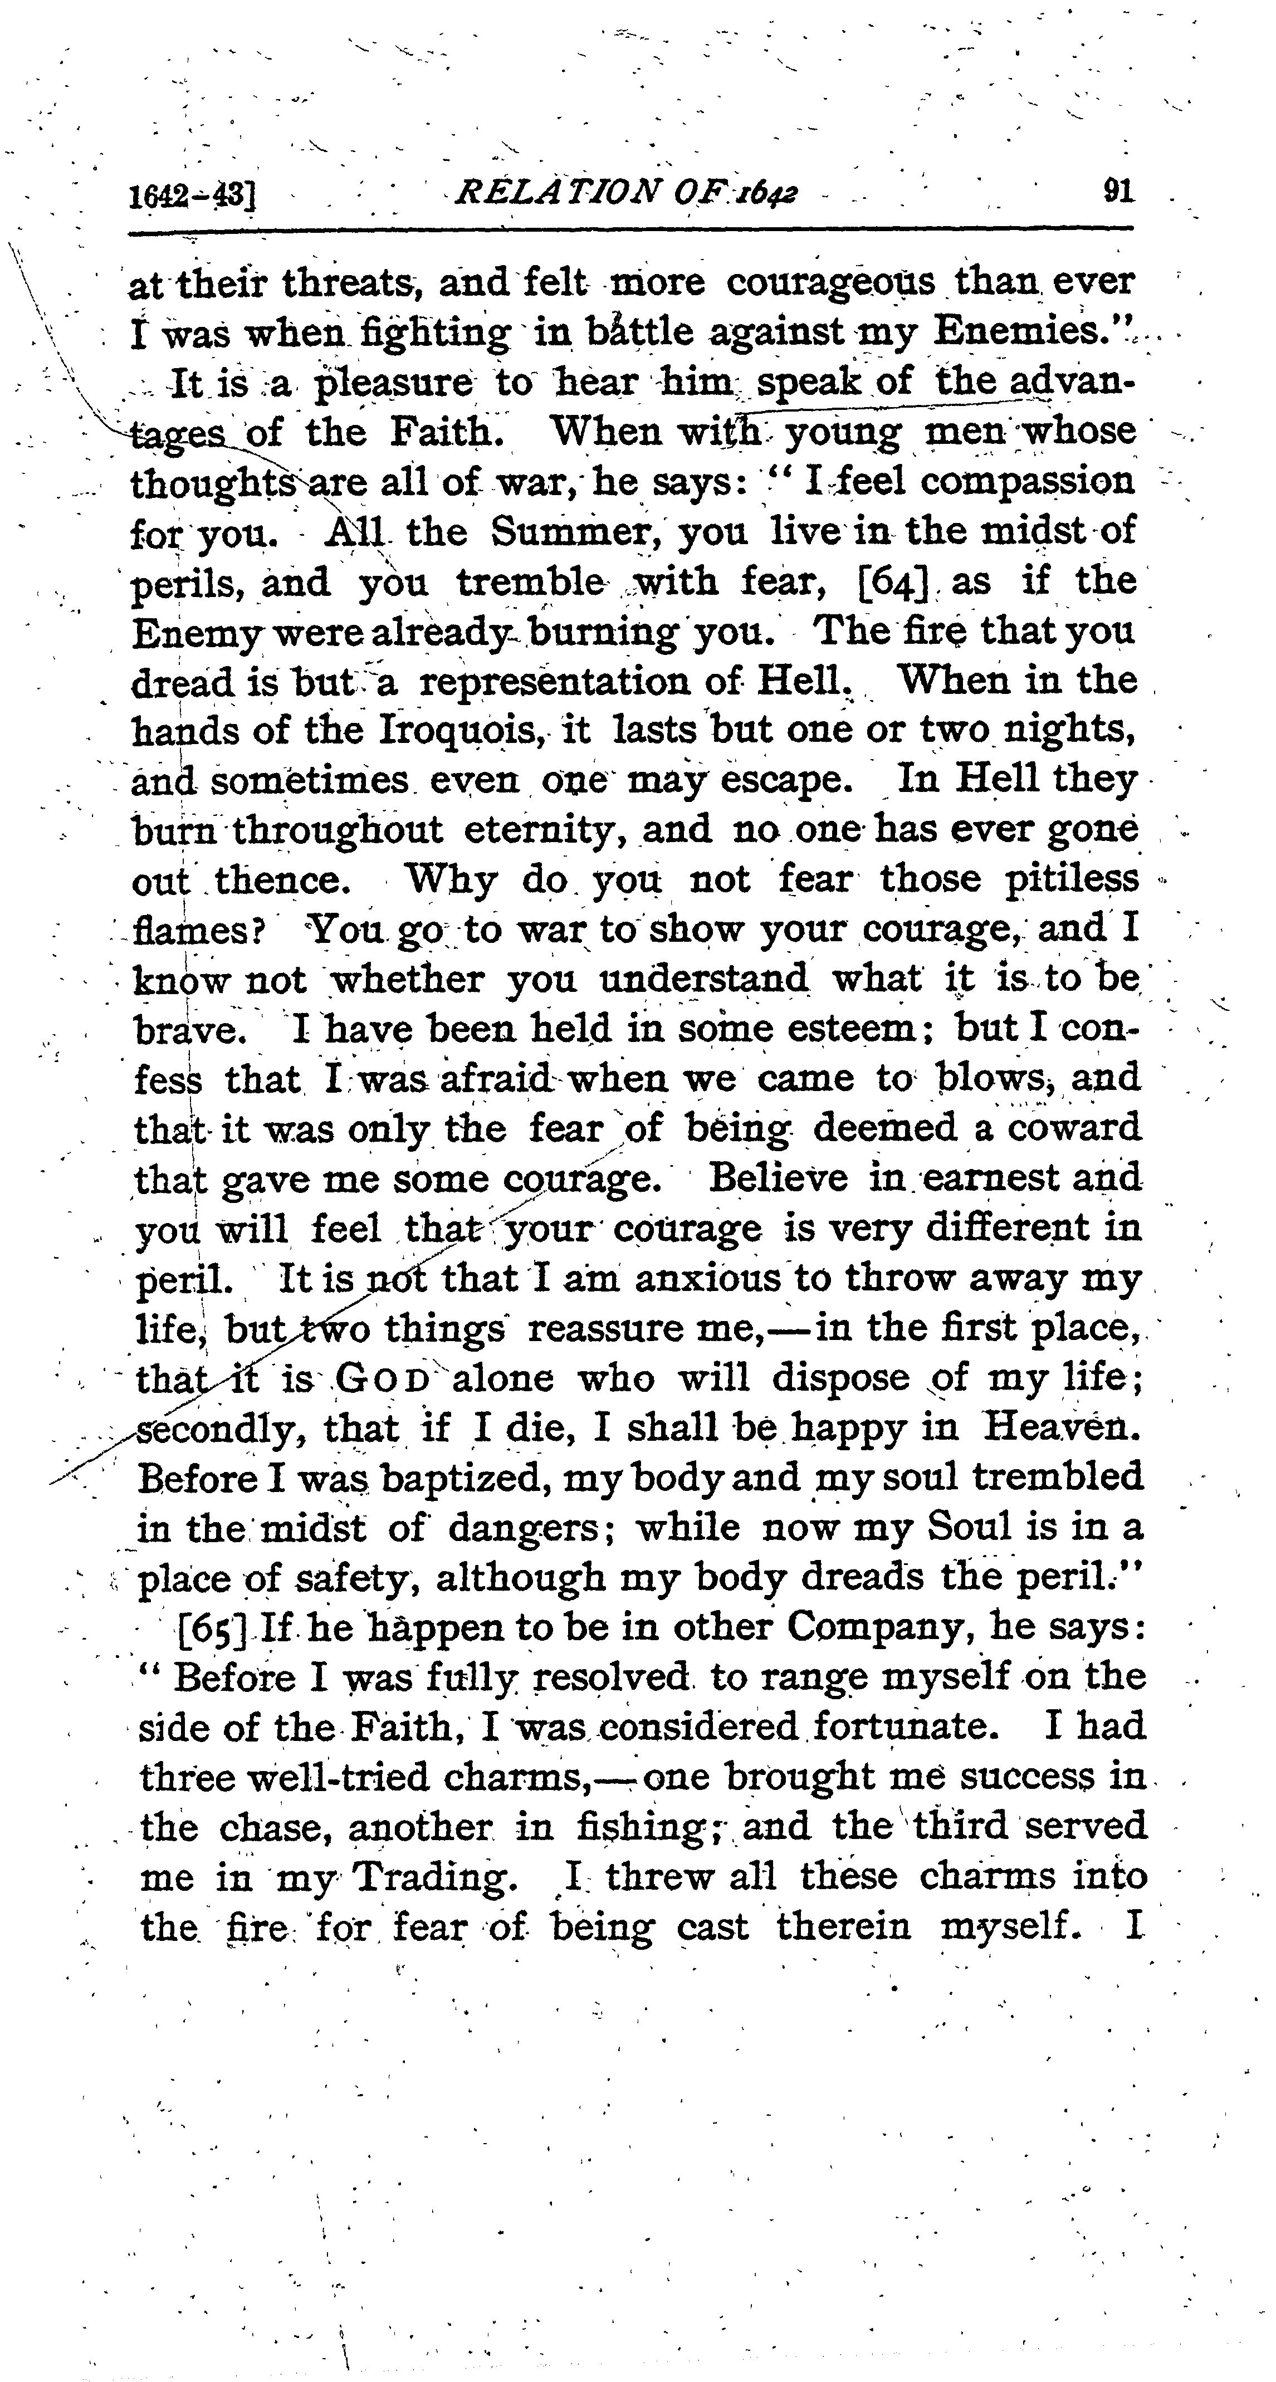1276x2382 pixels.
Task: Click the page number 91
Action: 1118,192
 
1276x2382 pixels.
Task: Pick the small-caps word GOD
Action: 382,1379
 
